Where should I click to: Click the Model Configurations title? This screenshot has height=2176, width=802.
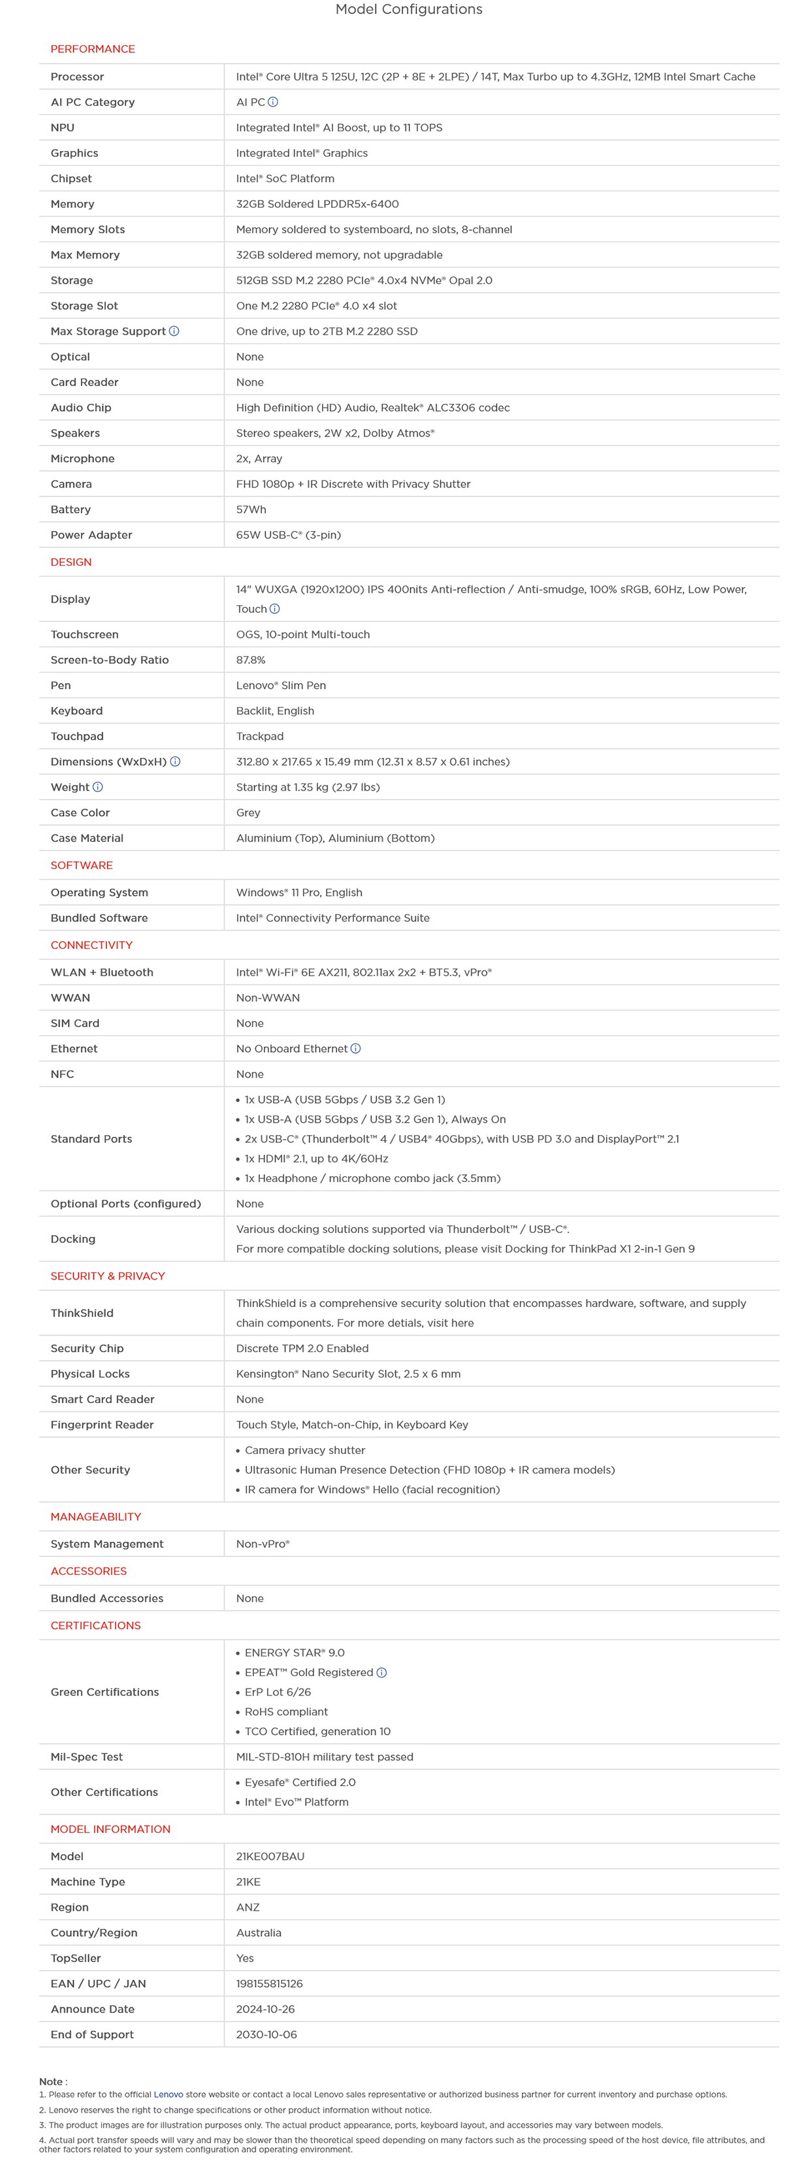click(x=409, y=9)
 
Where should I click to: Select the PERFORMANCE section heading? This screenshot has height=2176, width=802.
click(x=92, y=49)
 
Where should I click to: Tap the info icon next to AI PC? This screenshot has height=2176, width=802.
click(x=273, y=102)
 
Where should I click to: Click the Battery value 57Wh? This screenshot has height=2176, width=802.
click(x=251, y=509)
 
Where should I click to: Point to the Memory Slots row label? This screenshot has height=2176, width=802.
click(x=87, y=230)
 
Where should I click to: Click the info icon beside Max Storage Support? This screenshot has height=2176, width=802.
click(x=174, y=331)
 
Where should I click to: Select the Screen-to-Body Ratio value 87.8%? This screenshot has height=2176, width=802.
click(x=251, y=660)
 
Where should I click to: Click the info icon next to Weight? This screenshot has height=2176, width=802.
click(x=98, y=787)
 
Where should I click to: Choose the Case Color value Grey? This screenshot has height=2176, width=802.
click(x=248, y=813)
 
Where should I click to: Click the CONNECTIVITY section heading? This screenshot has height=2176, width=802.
click(x=91, y=946)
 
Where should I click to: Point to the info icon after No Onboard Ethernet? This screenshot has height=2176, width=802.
click(x=355, y=1048)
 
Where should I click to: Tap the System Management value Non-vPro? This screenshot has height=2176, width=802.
click(x=263, y=1543)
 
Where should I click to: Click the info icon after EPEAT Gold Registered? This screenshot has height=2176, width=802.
click(x=381, y=1673)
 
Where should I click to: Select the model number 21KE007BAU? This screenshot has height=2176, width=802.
click(x=270, y=1856)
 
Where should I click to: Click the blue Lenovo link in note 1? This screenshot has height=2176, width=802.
click(x=168, y=2094)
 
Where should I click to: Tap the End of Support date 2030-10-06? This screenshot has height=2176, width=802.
click(x=266, y=2034)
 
